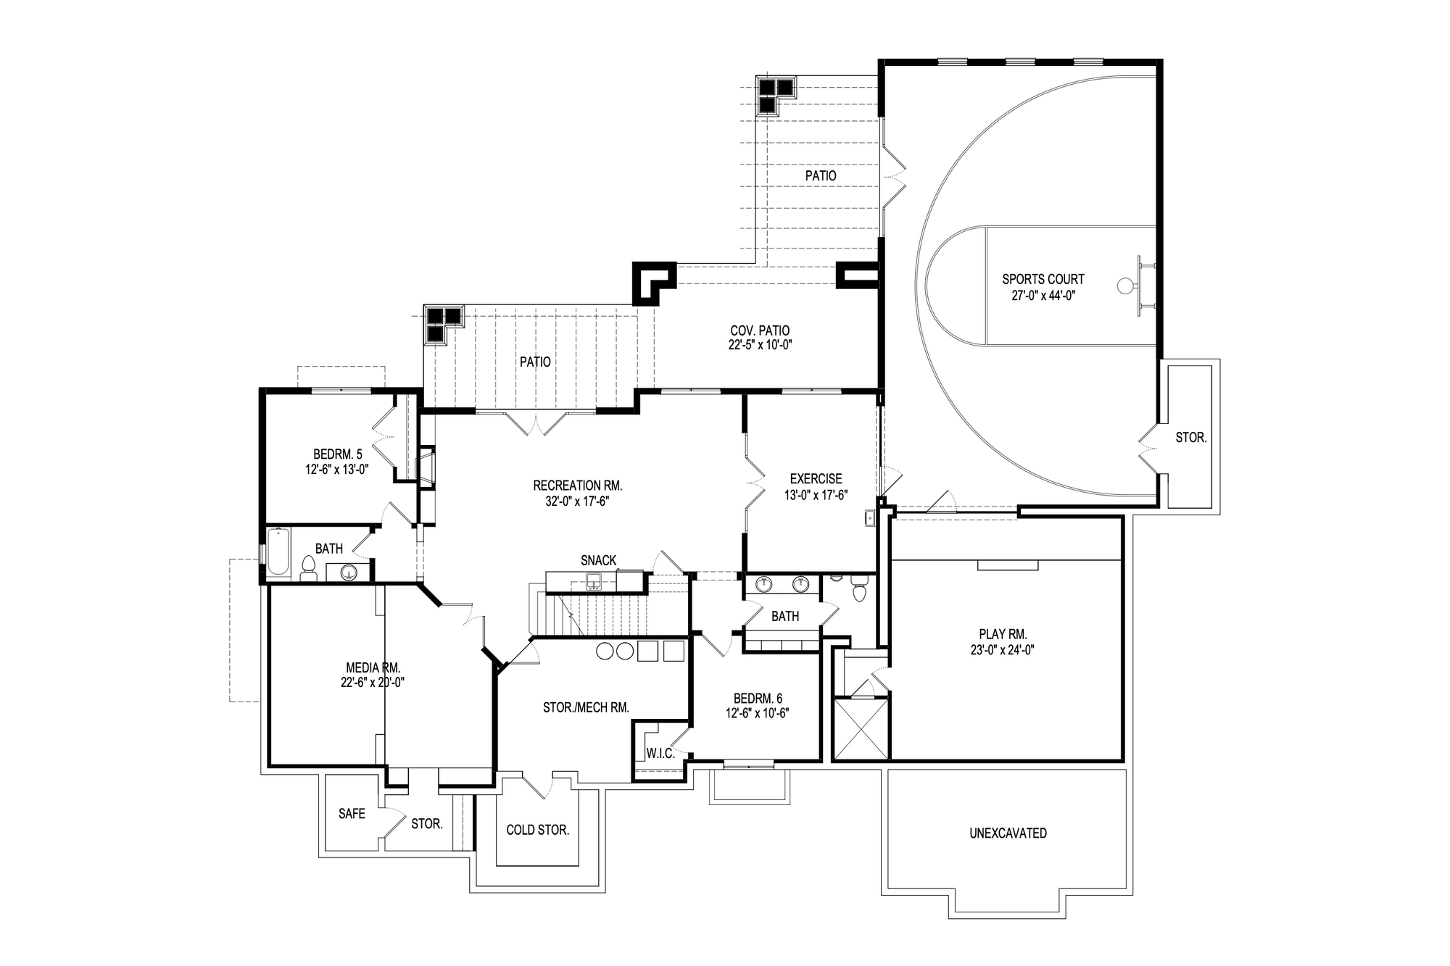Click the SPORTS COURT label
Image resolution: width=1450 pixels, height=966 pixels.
[x=1043, y=279]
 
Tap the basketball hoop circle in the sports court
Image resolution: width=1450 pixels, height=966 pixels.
[x=1124, y=286]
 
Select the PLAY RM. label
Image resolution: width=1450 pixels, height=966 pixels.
[x=1003, y=634]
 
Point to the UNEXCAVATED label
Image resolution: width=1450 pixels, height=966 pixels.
[x=1008, y=833]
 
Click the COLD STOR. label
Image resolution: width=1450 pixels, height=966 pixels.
[x=537, y=830]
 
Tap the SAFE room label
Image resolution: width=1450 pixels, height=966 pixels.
[x=352, y=814]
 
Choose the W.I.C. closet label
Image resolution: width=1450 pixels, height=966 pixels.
[x=660, y=754]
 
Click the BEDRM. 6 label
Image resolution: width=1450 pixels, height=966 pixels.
[x=758, y=699]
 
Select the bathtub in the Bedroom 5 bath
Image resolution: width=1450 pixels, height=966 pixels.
[x=278, y=552]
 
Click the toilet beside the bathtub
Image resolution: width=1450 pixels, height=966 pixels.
[x=308, y=569]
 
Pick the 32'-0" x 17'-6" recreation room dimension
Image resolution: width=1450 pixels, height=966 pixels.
[x=577, y=500]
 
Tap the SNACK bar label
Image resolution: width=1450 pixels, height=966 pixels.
[x=598, y=560]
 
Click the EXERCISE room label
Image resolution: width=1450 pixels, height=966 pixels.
[x=816, y=479]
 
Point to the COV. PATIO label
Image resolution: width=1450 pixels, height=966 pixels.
[x=760, y=331]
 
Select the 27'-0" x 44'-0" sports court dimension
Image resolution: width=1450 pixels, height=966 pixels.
[x=1043, y=295]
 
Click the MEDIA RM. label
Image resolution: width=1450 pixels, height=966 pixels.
[x=373, y=667]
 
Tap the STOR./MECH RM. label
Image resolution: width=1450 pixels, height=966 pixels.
[x=586, y=707]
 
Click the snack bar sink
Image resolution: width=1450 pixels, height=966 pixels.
[x=594, y=580]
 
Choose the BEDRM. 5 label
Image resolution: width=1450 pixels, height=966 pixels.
[x=337, y=454]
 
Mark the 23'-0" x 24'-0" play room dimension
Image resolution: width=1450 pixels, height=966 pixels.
[x=1003, y=650]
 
